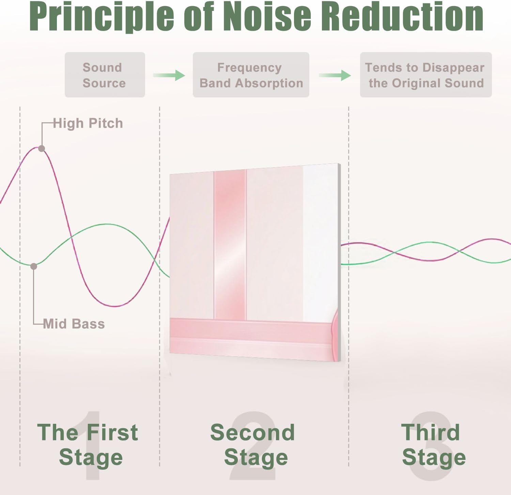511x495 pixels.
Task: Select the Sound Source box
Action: (x=105, y=75)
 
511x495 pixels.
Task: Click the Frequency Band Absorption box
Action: (x=251, y=75)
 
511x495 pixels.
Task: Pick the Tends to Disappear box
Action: (x=425, y=75)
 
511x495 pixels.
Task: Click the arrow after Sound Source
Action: (x=169, y=75)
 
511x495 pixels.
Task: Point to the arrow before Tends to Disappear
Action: (x=335, y=75)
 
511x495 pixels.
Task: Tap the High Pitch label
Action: (x=88, y=123)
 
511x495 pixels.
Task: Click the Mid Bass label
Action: (x=74, y=324)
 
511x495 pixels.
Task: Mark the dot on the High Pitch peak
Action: (x=42, y=149)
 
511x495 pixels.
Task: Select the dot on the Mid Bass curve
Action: (x=34, y=266)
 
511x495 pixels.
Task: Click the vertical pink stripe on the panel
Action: (x=230, y=244)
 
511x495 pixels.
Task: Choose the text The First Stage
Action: (x=88, y=445)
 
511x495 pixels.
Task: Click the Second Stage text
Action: (x=253, y=445)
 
